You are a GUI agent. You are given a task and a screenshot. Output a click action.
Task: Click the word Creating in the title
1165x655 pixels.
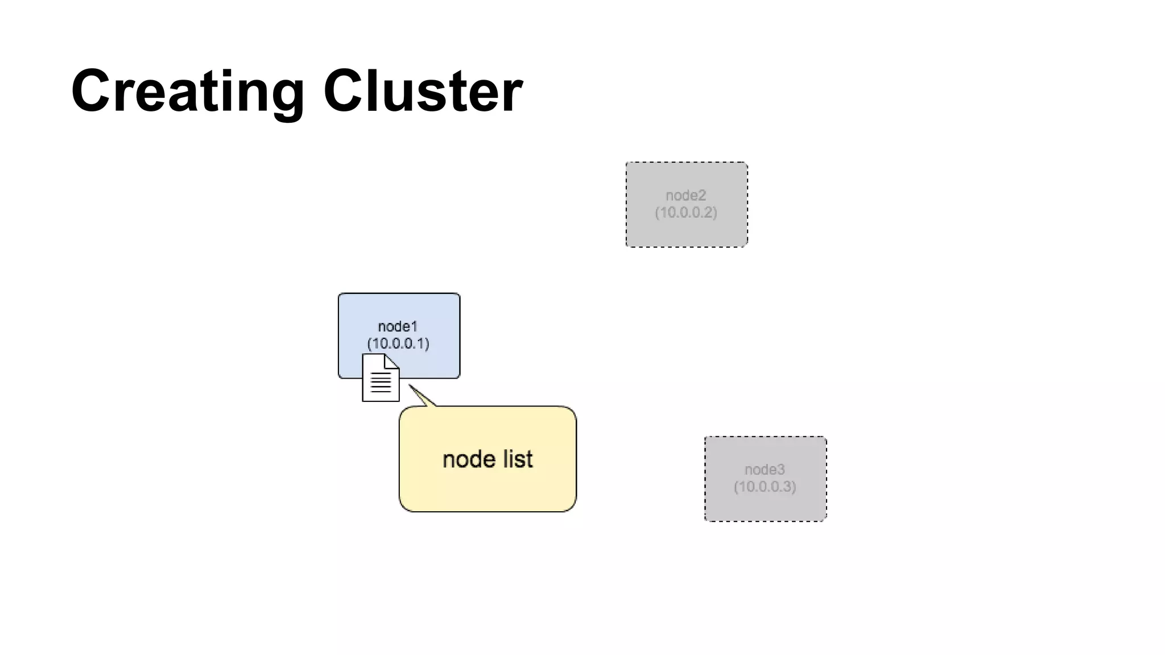tap(188, 91)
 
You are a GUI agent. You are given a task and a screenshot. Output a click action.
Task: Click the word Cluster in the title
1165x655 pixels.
tap(423, 91)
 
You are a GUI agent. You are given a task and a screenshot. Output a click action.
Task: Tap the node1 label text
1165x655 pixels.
tap(398, 326)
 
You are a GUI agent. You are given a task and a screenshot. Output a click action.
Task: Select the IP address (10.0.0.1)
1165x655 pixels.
tap(398, 343)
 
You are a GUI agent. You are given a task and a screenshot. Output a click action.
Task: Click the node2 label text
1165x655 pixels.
tap(685, 196)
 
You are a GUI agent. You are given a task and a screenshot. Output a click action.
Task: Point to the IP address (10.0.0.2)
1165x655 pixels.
tap(685, 213)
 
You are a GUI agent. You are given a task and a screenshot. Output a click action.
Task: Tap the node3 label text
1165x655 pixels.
tap(765, 470)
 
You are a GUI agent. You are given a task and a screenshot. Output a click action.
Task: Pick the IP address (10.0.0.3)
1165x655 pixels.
tap(765, 487)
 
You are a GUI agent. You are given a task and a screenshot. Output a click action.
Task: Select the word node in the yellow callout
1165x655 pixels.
tap(469, 459)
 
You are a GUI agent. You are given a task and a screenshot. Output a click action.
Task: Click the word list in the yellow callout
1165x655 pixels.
tap(517, 459)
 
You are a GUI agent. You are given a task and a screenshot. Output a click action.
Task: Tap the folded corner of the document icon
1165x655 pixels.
tap(392, 360)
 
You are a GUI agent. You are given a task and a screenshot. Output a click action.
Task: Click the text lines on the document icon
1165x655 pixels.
tap(381, 383)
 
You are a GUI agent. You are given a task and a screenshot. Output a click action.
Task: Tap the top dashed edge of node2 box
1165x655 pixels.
tap(686, 163)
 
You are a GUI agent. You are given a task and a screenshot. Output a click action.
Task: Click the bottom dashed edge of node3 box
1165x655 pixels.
tap(765, 520)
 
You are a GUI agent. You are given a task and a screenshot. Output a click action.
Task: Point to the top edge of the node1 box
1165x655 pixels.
tap(399, 294)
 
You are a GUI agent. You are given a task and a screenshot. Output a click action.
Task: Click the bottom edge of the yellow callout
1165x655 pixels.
tap(488, 511)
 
